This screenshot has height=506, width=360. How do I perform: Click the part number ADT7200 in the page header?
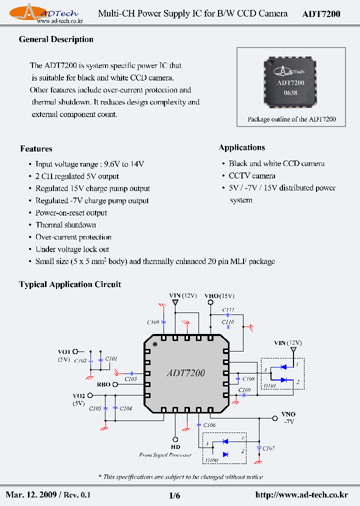321,14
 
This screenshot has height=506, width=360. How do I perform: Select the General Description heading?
56,39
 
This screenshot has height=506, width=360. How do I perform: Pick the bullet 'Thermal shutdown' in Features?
65,225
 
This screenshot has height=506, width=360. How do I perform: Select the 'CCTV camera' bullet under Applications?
252,176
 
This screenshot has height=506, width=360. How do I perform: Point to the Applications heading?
242,147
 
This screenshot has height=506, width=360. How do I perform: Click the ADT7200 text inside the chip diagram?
185,373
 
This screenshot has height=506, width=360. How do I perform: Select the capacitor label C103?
130,379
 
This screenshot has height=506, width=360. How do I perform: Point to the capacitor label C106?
209,425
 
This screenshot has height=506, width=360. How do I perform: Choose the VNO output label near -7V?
288,414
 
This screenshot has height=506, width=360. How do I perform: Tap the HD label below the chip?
175,447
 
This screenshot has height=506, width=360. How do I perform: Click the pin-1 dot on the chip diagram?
154,344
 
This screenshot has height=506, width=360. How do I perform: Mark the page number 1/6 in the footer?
174,495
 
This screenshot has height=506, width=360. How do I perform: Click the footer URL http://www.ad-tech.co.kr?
301,495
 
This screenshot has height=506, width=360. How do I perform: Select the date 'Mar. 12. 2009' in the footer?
31,495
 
